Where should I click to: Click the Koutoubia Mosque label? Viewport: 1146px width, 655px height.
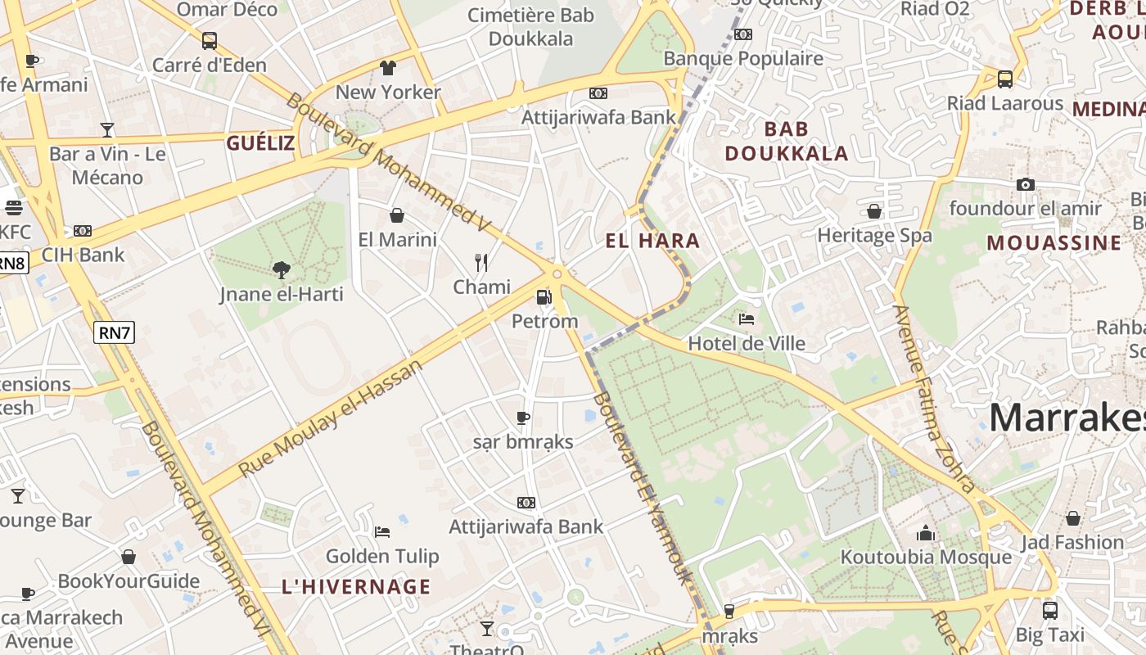(x=926, y=558)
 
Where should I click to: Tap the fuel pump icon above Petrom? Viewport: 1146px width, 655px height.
(x=544, y=297)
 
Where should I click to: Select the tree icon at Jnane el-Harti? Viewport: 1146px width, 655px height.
(x=281, y=269)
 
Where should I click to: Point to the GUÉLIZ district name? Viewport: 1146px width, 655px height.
(x=260, y=144)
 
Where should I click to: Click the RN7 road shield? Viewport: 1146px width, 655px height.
(x=114, y=332)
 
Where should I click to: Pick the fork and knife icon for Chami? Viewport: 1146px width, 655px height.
(x=481, y=263)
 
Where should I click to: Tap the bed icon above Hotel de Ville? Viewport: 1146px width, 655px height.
(x=746, y=318)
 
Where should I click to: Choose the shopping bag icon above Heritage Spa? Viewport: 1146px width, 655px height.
(x=874, y=211)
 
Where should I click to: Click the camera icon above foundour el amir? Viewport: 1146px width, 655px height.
(x=1025, y=184)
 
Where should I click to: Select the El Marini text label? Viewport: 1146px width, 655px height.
(x=398, y=240)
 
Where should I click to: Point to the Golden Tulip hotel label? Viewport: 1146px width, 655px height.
(x=382, y=557)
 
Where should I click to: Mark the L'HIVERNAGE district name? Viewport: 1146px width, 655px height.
(x=356, y=586)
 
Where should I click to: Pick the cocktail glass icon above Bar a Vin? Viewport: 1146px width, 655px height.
(x=106, y=129)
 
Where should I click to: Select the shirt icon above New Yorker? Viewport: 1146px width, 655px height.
(x=387, y=67)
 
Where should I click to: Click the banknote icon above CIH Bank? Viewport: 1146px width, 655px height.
(x=82, y=231)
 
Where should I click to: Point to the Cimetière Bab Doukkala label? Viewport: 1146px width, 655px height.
(x=530, y=27)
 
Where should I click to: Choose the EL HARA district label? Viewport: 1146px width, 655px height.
(x=652, y=241)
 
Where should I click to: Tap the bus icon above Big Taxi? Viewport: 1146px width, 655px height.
(x=1049, y=610)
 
